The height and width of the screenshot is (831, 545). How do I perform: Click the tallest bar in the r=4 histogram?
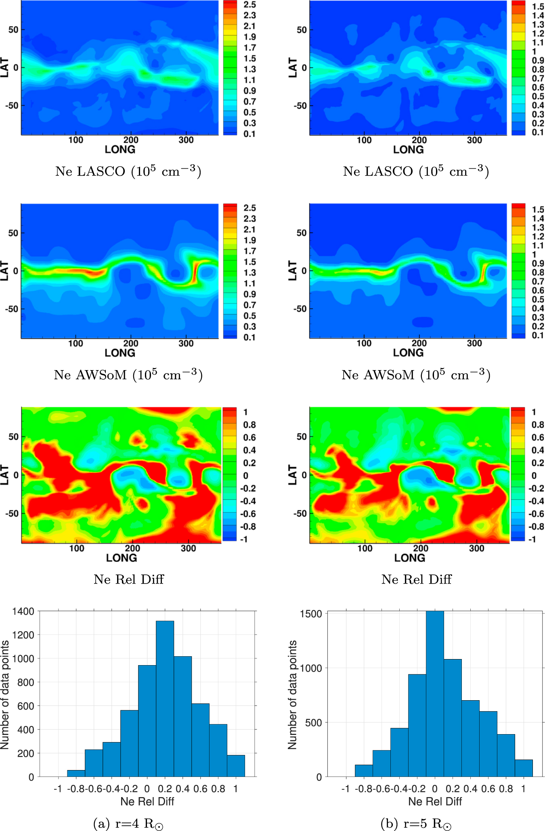pyautogui.click(x=165, y=698)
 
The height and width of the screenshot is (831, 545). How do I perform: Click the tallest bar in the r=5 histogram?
pyautogui.click(x=435, y=694)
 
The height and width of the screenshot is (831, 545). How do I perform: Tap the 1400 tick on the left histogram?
pyautogui.click(x=23, y=611)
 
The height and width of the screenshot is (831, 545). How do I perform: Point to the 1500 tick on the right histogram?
pyautogui.click(x=311, y=614)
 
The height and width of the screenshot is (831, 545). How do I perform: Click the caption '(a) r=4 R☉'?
pyautogui.click(x=128, y=823)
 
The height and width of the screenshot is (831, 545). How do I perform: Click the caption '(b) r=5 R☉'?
pyautogui.click(x=416, y=823)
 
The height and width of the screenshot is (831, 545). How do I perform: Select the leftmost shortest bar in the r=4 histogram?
pyautogui.click(x=76, y=773)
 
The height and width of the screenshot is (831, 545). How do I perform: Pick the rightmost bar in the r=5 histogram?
pyautogui.click(x=524, y=768)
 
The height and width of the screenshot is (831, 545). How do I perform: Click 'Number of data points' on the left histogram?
pyautogui.click(x=5, y=695)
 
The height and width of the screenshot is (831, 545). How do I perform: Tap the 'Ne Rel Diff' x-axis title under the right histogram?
pyautogui.click(x=435, y=801)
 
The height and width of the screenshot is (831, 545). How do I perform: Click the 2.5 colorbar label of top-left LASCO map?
pyautogui.click(x=250, y=5)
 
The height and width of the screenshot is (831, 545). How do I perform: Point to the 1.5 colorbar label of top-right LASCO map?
pyautogui.click(x=538, y=6)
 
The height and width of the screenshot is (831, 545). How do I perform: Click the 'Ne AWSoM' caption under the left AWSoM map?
pyautogui.click(x=128, y=375)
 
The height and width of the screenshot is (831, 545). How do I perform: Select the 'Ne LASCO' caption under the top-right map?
pyautogui.click(x=416, y=172)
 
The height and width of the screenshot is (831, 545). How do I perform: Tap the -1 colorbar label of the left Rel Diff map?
pyautogui.click(x=244, y=539)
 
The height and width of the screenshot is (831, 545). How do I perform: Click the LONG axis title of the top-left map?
pyautogui.click(x=120, y=150)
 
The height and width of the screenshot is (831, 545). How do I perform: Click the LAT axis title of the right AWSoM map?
pyautogui.click(x=293, y=270)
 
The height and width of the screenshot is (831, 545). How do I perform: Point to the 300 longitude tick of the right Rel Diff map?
pyautogui.click(x=476, y=548)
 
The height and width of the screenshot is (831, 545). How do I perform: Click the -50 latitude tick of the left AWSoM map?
pyautogui.click(x=12, y=309)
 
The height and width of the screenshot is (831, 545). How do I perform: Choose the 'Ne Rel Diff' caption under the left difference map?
pyautogui.click(x=129, y=580)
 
